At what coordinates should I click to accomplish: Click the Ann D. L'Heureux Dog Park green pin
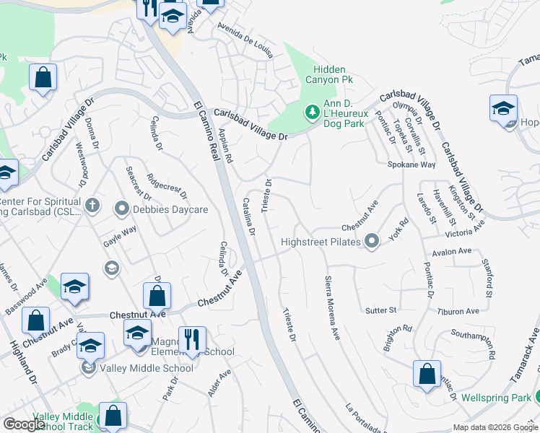click(x=312, y=112)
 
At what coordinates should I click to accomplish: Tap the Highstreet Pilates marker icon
click(x=372, y=241)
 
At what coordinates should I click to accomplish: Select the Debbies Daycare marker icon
click(x=121, y=209)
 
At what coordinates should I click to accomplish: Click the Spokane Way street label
click(x=411, y=165)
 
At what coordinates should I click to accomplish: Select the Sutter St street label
click(x=381, y=310)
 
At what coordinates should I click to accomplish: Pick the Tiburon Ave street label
click(x=458, y=312)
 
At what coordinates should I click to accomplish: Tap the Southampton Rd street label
click(x=473, y=345)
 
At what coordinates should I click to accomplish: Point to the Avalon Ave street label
click(x=451, y=252)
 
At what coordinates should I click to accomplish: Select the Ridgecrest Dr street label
click(x=167, y=185)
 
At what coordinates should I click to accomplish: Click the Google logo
click(x=25, y=424)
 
